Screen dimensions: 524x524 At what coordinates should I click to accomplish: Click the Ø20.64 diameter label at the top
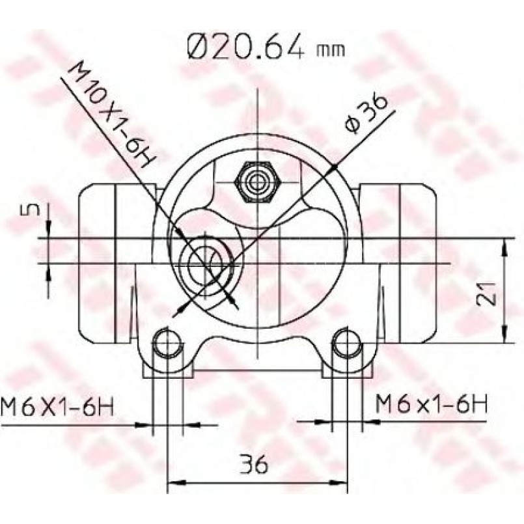pos(246,47)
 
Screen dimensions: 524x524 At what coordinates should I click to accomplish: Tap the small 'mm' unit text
pos(330,50)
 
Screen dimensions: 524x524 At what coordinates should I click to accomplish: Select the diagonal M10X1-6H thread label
pos(112,115)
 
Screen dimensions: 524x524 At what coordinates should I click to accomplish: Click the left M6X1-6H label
pos(57,406)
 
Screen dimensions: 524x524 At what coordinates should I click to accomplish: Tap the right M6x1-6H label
pos(431,404)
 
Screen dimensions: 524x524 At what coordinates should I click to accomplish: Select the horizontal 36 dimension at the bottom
pos(254,463)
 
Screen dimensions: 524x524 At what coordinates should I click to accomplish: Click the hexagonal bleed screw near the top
pos(258,182)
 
